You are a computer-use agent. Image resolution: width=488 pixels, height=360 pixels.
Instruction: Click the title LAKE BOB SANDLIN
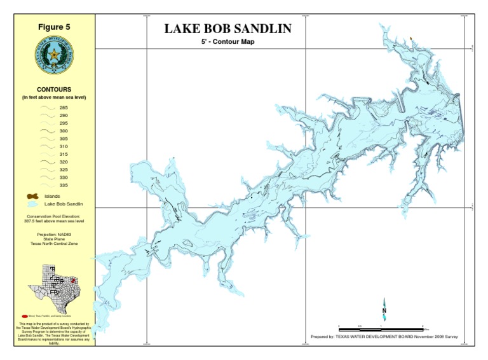228,29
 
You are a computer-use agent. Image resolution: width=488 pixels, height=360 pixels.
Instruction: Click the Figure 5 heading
54,27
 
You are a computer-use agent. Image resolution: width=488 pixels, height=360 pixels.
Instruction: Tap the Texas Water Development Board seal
54,55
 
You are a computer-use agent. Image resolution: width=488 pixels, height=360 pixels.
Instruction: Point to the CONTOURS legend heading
54,90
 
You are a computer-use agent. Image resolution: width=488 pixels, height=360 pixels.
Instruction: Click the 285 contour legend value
64,108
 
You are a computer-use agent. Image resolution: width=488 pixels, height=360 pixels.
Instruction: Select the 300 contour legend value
64,131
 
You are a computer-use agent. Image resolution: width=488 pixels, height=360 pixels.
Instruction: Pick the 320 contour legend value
64,162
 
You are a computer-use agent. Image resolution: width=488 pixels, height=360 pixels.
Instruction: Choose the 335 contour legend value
64,185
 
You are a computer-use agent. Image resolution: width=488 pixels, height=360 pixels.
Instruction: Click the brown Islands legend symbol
34,197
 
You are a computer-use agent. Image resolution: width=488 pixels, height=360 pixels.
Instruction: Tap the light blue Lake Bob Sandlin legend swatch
33,205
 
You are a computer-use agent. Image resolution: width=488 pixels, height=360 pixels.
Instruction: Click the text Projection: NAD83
54,235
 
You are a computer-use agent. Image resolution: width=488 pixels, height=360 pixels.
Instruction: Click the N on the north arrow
384,310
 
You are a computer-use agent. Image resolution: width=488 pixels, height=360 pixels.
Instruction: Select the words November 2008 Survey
436,336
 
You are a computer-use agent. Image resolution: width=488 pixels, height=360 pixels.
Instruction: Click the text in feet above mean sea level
54,97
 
